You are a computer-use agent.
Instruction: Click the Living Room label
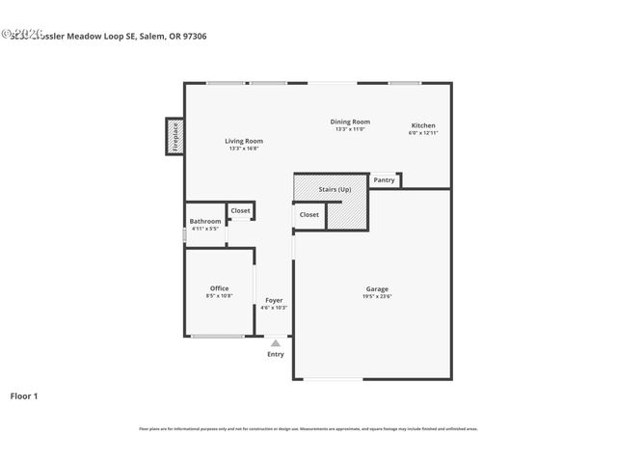(244, 141)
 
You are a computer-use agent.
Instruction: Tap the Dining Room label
(350, 122)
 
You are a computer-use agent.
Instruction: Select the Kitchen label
(423, 125)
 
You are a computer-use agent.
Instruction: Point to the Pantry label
(384, 179)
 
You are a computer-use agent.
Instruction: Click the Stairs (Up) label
(335, 190)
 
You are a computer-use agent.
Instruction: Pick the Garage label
(376, 288)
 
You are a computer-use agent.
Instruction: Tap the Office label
(219, 288)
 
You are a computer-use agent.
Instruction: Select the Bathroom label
(204, 221)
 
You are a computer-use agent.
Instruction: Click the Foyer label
(274, 300)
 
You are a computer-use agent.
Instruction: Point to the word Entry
(276, 354)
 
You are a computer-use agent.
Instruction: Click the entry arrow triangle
(276, 342)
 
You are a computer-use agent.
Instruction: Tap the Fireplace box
(175, 136)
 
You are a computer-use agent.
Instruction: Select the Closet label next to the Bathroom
(240, 210)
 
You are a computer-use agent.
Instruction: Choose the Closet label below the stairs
(308, 214)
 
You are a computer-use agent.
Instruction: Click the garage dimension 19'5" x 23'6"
(376, 296)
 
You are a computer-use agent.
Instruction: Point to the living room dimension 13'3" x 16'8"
(245, 149)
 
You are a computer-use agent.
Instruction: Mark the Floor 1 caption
(24, 395)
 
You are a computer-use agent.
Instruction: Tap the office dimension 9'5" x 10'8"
(219, 296)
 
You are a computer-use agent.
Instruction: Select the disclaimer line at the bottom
(308, 428)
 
